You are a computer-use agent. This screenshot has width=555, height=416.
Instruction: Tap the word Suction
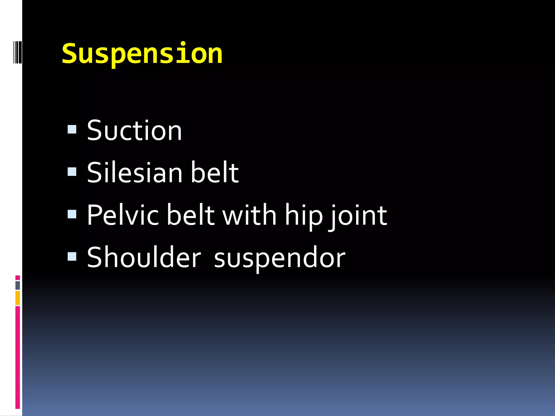click(134, 131)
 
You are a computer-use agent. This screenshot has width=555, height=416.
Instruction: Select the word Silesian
click(135, 173)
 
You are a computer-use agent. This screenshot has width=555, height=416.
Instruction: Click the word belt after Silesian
click(215, 173)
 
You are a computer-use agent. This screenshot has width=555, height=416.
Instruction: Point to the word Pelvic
click(122, 215)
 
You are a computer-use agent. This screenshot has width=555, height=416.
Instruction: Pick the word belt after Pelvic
click(191, 215)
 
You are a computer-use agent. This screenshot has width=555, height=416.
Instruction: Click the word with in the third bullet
click(250, 215)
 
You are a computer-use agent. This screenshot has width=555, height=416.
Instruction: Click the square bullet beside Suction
click(72, 129)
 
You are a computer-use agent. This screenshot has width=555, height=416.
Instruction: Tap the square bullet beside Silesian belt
click(72, 171)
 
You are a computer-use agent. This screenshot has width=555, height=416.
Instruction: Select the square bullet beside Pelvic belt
click(72, 214)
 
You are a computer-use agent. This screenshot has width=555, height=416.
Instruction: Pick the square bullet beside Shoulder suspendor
click(72, 256)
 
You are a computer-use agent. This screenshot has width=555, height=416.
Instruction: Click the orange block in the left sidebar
click(18, 298)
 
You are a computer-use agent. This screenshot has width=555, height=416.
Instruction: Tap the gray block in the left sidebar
click(18, 285)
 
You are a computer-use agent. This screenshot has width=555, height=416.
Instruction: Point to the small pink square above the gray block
click(18, 278)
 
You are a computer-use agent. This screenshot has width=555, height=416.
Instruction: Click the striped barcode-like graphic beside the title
click(17, 52)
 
